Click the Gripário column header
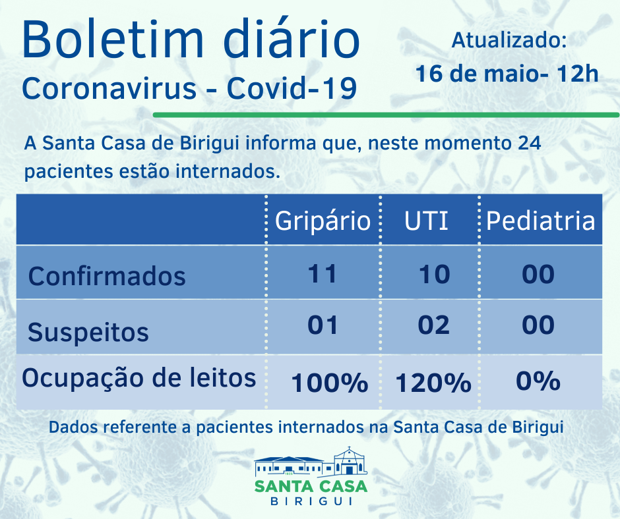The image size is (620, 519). coord(323,221)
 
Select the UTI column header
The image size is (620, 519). coord(427,221)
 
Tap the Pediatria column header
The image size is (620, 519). coord(540,221)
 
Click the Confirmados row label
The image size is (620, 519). coord(107,275)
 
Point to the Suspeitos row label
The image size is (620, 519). coord(88,332)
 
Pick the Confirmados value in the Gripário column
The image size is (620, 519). coord(323,273)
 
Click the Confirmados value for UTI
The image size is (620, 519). coord(434,273)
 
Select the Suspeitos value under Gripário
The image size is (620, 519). coord(323,325)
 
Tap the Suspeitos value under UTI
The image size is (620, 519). coord(434,325)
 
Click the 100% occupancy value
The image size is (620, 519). coord(329,383)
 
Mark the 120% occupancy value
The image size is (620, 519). coord(433,383)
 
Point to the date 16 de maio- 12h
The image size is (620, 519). coord(507,73)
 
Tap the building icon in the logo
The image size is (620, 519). coord(311,461)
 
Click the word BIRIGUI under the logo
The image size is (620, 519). coord(311,501)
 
